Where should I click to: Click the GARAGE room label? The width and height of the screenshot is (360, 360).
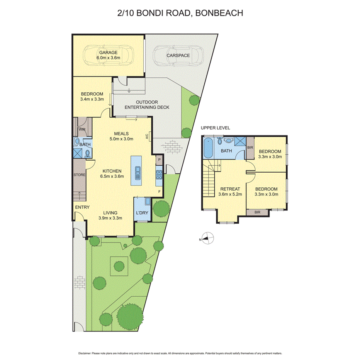click(x=108, y=53)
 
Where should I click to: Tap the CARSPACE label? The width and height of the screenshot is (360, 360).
click(x=178, y=56)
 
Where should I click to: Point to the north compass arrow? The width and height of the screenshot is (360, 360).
click(x=207, y=239)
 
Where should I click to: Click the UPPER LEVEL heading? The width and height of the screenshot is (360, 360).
click(x=215, y=128)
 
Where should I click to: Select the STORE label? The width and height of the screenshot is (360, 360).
click(x=79, y=175)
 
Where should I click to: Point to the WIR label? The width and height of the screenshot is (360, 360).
click(x=82, y=129)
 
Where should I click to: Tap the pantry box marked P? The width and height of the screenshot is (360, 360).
click(x=159, y=159)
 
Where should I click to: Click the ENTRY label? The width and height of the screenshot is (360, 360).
click(x=82, y=207)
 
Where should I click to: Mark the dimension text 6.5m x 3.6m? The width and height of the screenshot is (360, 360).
click(x=112, y=177)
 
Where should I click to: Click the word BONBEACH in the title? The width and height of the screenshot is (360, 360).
click(x=220, y=13)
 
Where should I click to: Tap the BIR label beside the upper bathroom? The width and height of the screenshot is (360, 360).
click(x=250, y=147)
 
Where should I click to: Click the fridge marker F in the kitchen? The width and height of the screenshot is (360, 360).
click(x=159, y=191)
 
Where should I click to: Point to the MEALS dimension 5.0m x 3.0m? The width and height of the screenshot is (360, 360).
click(x=121, y=139)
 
